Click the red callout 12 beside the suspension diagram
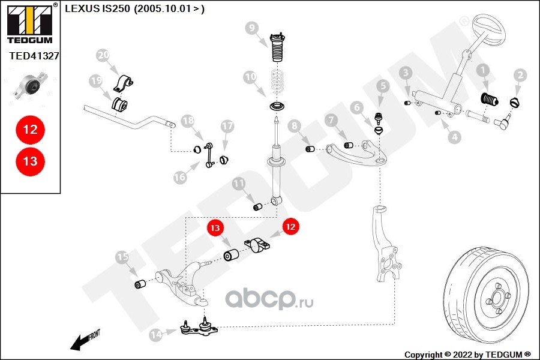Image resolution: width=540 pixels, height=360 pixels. [290, 227]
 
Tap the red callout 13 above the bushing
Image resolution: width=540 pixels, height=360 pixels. [215, 228]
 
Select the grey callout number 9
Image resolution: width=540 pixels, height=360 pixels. [252, 28]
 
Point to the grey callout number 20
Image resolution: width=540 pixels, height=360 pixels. [103, 55]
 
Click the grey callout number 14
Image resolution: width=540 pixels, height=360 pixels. [156, 335]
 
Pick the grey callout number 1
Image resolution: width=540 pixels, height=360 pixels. [483, 70]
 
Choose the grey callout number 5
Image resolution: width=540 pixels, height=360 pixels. [383, 86]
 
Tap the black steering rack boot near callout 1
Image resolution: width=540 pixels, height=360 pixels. [490, 100]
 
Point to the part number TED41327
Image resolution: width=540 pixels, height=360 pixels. [34, 56]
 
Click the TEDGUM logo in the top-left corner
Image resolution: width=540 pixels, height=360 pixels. [30, 23]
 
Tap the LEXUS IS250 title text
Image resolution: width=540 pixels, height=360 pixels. [134, 8]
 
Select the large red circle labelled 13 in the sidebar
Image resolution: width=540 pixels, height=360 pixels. [31, 161]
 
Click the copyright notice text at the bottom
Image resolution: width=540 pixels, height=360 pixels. [467, 355]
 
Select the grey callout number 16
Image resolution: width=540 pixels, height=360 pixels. [180, 177]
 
